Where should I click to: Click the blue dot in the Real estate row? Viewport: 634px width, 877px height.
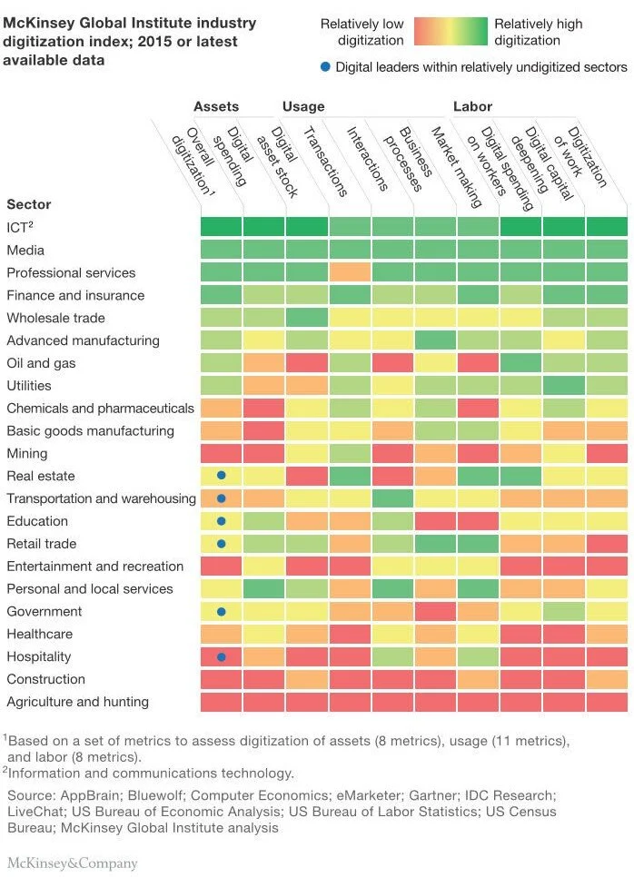tap(221, 476)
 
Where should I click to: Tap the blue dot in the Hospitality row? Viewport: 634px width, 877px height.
tap(221, 656)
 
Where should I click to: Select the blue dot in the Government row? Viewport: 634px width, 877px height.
tap(221, 611)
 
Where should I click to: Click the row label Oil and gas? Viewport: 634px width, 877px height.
tap(41, 363)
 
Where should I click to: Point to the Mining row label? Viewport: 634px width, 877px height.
tap(26, 453)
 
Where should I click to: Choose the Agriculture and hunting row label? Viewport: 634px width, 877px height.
tap(77, 702)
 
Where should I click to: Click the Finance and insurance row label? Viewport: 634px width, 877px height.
tap(75, 295)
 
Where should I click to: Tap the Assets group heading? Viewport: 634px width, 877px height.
tap(216, 106)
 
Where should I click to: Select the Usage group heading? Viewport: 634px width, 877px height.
tap(303, 106)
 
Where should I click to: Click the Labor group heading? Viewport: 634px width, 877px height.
tap(472, 106)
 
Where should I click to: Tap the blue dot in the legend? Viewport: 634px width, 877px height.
tap(326, 67)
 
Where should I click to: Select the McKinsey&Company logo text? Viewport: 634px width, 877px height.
tap(73, 862)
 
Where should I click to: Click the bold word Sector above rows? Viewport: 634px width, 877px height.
tap(29, 204)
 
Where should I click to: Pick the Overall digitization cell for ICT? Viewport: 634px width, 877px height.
tap(221, 227)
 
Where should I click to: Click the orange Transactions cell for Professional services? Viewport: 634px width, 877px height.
tap(350, 272)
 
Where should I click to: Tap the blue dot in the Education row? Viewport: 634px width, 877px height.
tap(221, 521)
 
